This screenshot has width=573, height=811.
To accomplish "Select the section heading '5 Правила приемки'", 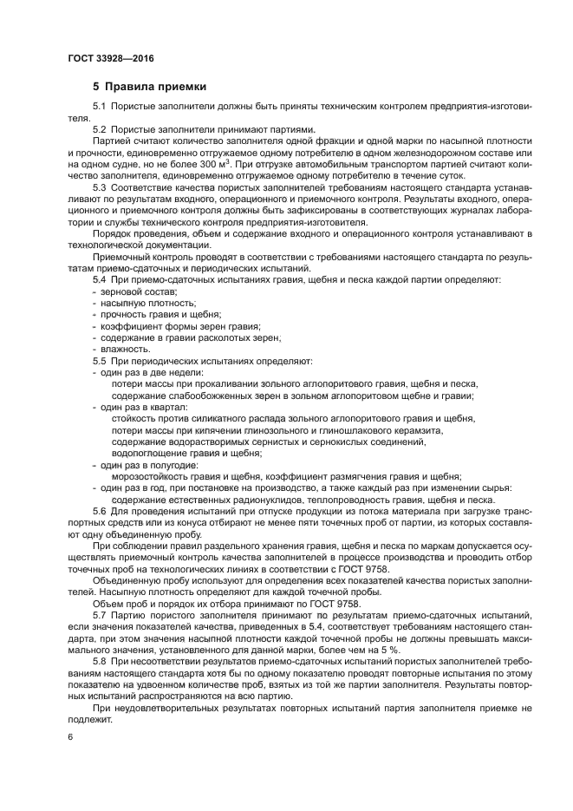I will pos(149,87).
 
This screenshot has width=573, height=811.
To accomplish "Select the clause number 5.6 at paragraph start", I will pos(99,512).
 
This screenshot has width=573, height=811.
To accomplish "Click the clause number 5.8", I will pos(99,660).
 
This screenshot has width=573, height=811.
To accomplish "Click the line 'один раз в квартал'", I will pos(139,406).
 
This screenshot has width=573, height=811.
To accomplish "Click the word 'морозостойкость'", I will pos(152,475).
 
